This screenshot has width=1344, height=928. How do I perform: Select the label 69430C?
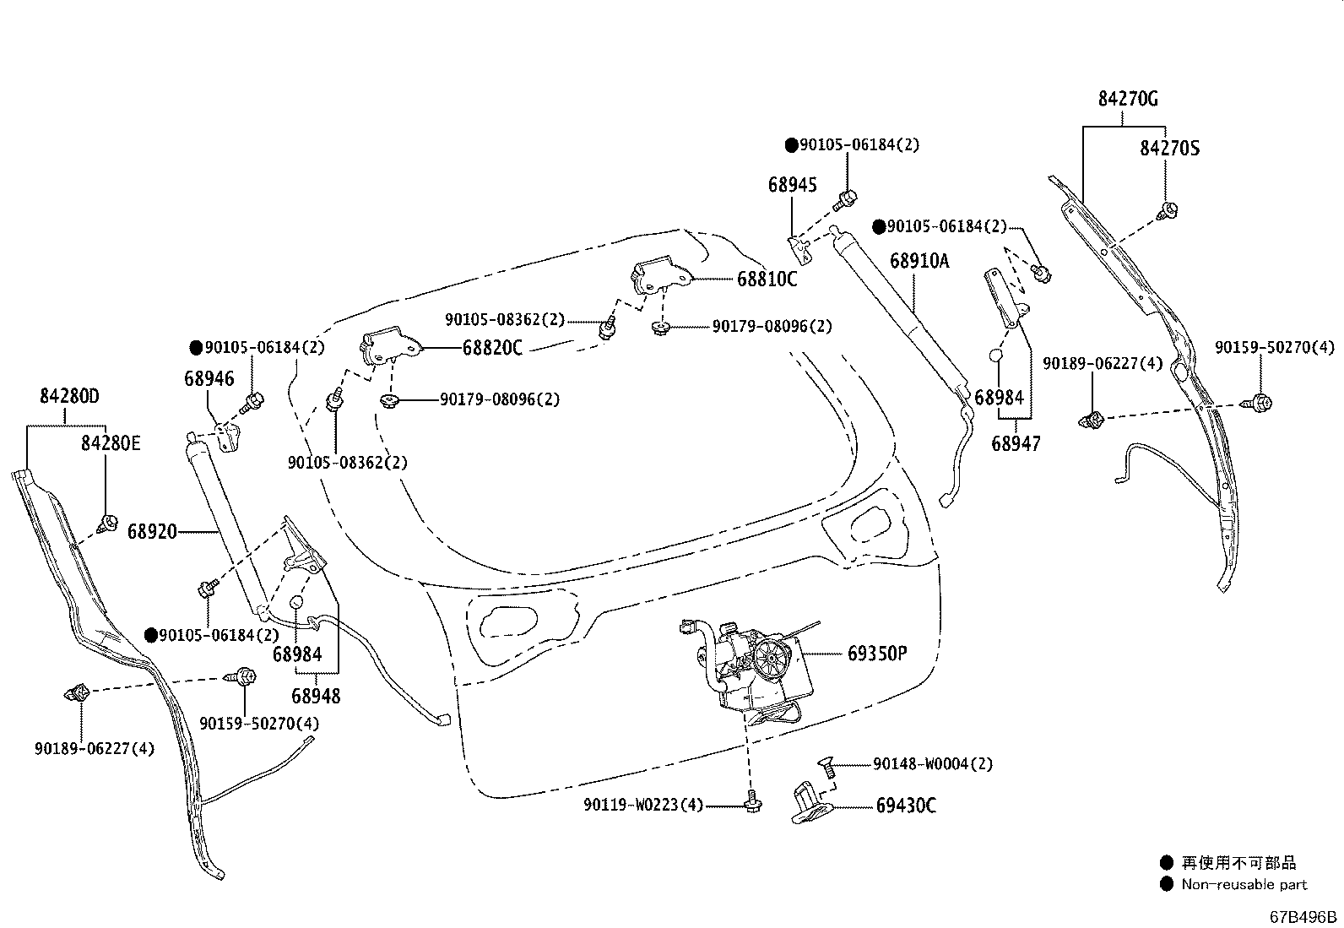[x=905, y=806]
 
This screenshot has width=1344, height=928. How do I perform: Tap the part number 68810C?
[x=767, y=279]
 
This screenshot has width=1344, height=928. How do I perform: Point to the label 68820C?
[x=492, y=347]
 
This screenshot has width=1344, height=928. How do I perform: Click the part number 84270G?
[x=1128, y=99]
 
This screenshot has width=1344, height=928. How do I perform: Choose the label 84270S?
[x=1169, y=149]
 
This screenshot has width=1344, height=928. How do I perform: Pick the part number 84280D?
[x=69, y=396]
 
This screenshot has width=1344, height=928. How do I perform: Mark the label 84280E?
[x=111, y=442]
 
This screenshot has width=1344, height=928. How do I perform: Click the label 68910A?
[x=919, y=260]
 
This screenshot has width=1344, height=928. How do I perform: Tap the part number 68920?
[x=152, y=531]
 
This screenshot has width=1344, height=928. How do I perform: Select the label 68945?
[x=792, y=184]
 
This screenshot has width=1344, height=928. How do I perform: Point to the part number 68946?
[x=209, y=379]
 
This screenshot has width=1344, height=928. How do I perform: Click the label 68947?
[x=1016, y=442]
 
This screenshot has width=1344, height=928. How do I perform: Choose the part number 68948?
[x=316, y=696]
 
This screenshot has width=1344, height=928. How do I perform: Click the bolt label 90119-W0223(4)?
[x=642, y=806]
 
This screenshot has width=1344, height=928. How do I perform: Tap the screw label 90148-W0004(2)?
[x=933, y=763]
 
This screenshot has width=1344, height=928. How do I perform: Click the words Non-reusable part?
[x=1244, y=885]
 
